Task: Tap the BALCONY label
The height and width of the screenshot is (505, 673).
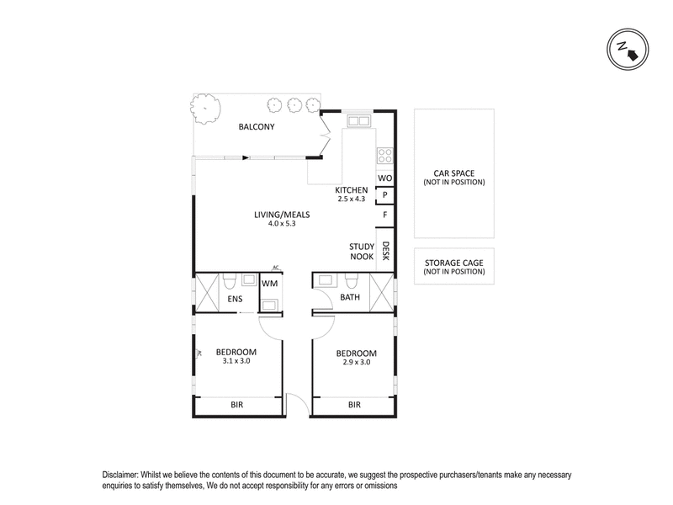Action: (x=257, y=127)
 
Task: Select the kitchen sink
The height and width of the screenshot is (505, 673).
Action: (x=360, y=121)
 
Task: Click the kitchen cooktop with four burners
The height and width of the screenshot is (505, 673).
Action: (x=385, y=155)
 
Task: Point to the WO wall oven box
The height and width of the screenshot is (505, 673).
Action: (x=384, y=178)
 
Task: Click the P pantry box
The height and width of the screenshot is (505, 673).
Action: (x=384, y=195)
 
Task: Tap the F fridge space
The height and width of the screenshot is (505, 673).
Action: (x=384, y=215)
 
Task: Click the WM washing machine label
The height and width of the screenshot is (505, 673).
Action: (x=269, y=284)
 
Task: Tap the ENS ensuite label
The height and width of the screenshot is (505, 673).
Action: (x=235, y=299)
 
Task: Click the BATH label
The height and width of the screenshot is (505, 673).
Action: (x=350, y=298)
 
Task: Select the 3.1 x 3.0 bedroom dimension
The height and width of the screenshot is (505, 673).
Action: (x=236, y=361)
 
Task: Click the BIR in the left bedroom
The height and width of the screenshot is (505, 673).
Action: (x=238, y=405)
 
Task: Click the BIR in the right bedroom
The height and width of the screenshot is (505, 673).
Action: (x=354, y=405)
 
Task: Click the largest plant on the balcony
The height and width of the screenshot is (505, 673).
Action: (x=204, y=107)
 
